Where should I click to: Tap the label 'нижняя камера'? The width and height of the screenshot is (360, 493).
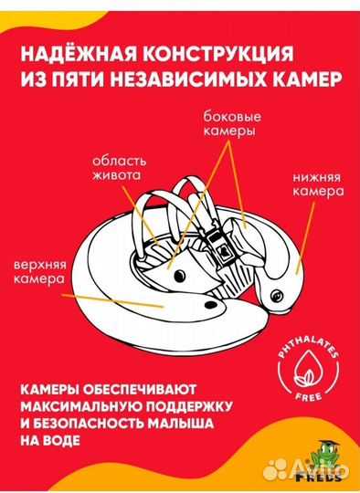[x=319, y=185]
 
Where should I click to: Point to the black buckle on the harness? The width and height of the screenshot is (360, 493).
[x=220, y=241]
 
